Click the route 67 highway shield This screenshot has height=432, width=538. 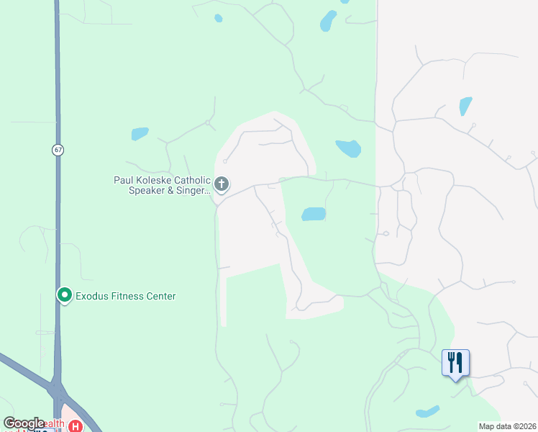(x=58, y=150)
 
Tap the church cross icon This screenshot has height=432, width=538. (x=222, y=185)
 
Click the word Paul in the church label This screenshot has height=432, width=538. (x=124, y=180)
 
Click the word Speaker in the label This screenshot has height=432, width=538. (x=147, y=191)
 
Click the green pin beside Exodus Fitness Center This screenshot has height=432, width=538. (x=64, y=295)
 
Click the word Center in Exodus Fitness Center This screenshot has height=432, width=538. (x=161, y=296)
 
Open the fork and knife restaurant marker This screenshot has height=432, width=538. (x=455, y=362)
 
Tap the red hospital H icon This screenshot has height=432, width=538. (x=76, y=426)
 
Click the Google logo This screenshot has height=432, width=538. (x=23, y=424)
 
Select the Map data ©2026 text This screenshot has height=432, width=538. (x=507, y=426)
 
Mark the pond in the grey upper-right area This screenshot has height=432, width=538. (x=465, y=106)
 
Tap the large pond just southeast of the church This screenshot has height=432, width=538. (x=313, y=214)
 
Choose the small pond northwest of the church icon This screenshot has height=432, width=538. (x=140, y=133)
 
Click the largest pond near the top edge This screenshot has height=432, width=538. (x=328, y=20)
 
